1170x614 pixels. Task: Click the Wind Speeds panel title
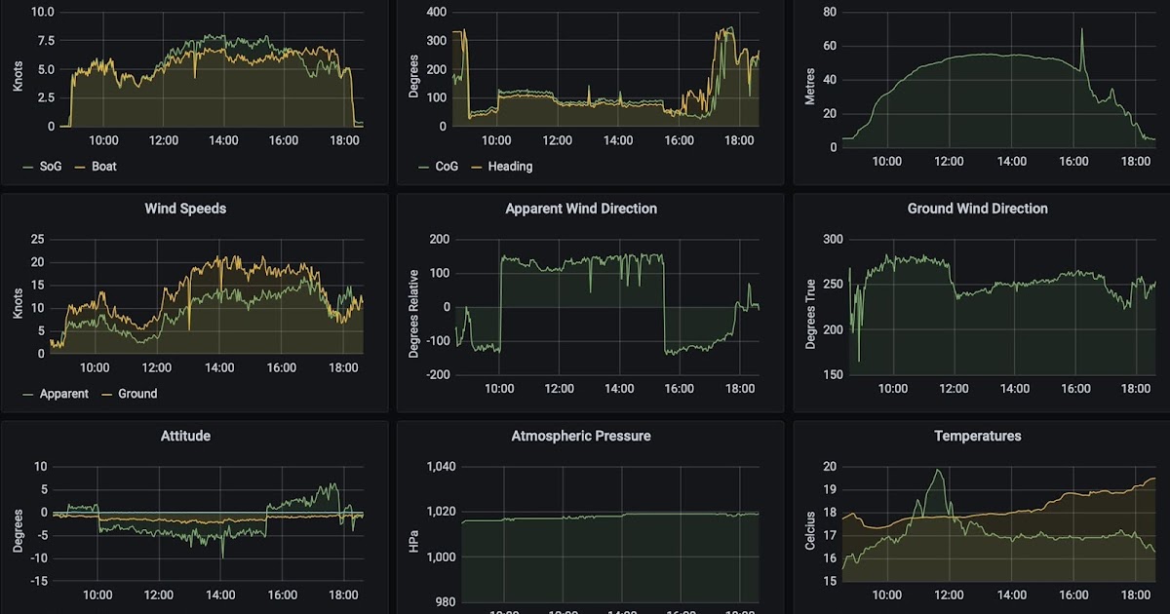[x=185, y=209]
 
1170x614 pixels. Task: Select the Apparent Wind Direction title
[x=581, y=209]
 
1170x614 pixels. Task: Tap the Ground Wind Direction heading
[x=977, y=209]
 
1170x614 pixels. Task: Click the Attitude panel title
[x=185, y=436]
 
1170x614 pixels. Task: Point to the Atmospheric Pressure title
[x=581, y=436]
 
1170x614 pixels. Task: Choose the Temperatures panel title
[x=977, y=436]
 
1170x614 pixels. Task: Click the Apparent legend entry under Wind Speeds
[x=63, y=394]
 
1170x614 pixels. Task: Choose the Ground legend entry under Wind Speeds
[x=136, y=394]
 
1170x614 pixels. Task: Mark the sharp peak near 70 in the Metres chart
[x=1081, y=29]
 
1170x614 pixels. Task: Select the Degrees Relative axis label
[x=414, y=314]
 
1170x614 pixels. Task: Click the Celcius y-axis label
[x=810, y=528]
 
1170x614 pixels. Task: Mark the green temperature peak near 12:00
[x=938, y=471]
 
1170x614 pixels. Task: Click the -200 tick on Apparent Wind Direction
[x=437, y=375]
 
